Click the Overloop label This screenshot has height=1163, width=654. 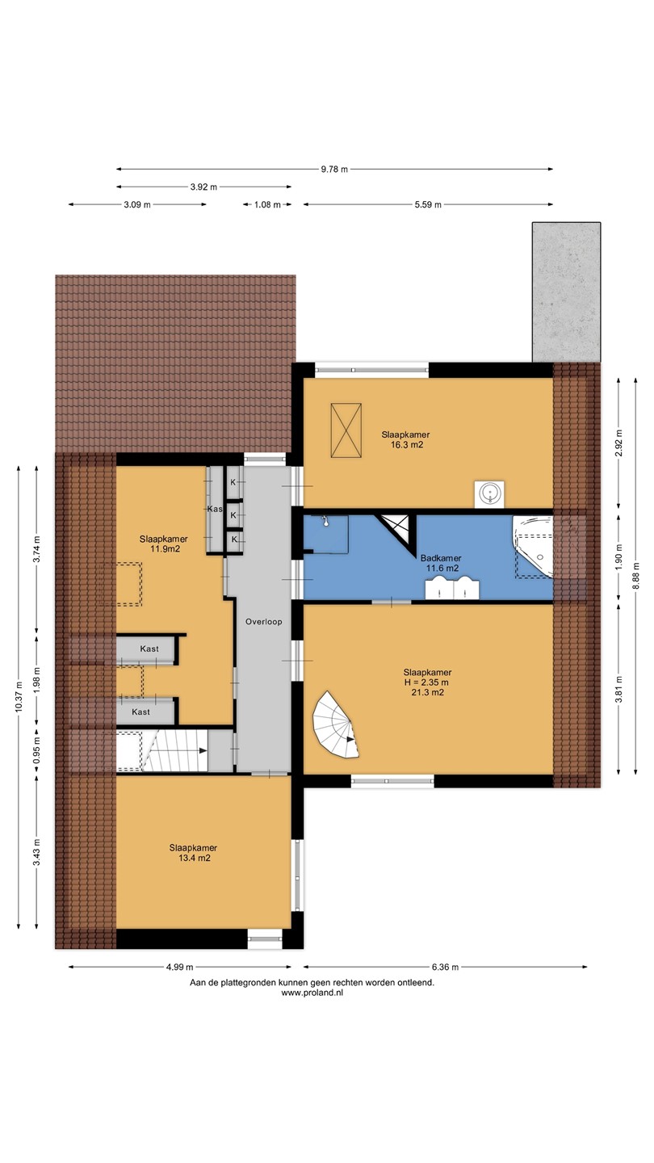click(x=264, y=622)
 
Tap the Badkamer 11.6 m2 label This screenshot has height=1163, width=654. click(x=441, y=564)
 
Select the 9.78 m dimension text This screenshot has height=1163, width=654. click(x=334, y=169)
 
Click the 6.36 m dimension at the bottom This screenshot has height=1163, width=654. click(x=446, y=967)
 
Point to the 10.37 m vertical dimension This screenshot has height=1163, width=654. click(x=19, y=696)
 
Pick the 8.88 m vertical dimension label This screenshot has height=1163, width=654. click(x=636, y=577)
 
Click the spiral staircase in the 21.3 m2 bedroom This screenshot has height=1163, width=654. click(x=336, y=724)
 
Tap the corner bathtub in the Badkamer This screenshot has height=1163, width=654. click(x=534, y=547)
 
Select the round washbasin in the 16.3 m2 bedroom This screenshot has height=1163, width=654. click(x=489, y=493)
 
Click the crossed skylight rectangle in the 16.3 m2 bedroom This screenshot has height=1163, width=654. click(x=346, y=430)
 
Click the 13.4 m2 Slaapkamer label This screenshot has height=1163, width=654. click(x=194, y=853)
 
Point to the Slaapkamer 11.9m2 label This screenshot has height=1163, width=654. click(x=164, y=544)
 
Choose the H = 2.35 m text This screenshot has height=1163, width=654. click(x=426, y=682)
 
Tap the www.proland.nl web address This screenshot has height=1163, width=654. click(x=312, y=992)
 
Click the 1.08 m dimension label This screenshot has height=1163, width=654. click(x=267, y=204)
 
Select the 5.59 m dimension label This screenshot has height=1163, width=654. click(x=428, y=204)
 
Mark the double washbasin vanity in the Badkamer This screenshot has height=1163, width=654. click(x=452, y=588)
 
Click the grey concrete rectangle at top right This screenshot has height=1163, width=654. click(x=566, y=292)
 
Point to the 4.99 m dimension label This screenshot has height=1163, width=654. click(x=179, y=967)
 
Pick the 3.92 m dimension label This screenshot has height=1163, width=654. click(x=203, y=187)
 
